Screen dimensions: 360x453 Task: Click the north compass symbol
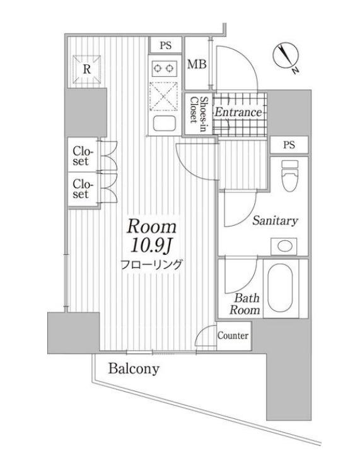tap(286, 57)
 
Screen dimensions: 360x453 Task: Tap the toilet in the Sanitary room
tap(289, 175)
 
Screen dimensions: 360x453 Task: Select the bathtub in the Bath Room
tap(280, 288)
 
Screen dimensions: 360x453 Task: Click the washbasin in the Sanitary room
tap(284, 246)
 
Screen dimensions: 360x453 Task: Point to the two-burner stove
tap(164, 69)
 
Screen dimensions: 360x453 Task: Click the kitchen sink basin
tap(164, 124)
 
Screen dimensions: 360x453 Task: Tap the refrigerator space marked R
tap(86, 69)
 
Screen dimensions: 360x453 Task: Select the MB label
tap(197, 64)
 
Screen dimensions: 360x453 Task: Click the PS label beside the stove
tap(166, 45)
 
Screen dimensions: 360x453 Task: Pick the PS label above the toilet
tap(289, 144)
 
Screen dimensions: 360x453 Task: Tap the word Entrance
tap(238, 112)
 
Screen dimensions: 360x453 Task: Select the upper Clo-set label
tap(81, 156)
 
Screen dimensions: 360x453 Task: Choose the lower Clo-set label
tap(81, 189)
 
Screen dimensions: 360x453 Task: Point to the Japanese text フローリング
tap(151, 264)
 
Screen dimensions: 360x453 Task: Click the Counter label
tap(233, 336)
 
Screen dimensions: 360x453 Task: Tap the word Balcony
tap(134, 369)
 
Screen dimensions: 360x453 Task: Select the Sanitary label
tap(275, 221)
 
